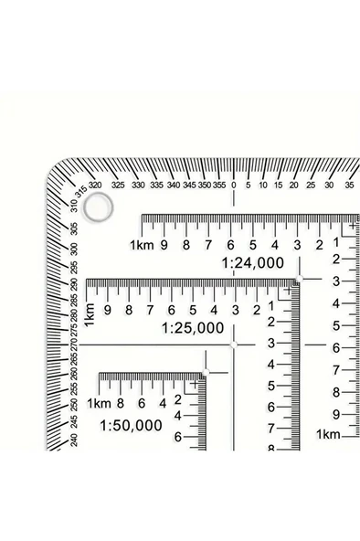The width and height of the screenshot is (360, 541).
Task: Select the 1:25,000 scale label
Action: point(192,326)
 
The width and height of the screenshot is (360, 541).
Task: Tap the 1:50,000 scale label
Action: point(131,425)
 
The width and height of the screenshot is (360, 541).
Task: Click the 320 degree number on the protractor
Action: point(95,186)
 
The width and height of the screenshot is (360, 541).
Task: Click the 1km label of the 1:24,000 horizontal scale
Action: point(142,244)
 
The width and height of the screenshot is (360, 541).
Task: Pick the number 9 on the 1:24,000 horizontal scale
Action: point(164,244)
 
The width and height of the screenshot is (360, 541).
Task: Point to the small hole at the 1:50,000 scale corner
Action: point(206,371)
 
